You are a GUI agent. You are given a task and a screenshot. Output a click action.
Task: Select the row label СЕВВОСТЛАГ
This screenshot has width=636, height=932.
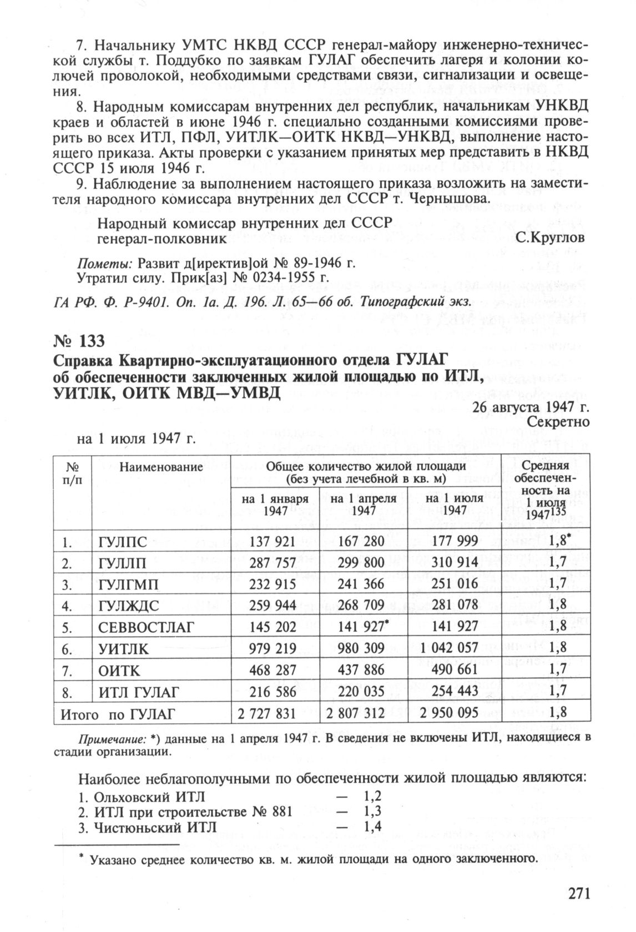[x=146, y=628]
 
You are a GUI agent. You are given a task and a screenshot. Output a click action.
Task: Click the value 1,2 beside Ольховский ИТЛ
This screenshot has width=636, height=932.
[x=372, y=797]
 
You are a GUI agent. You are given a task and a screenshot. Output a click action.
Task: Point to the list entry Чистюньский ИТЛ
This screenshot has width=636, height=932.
[x=147, y=827]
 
